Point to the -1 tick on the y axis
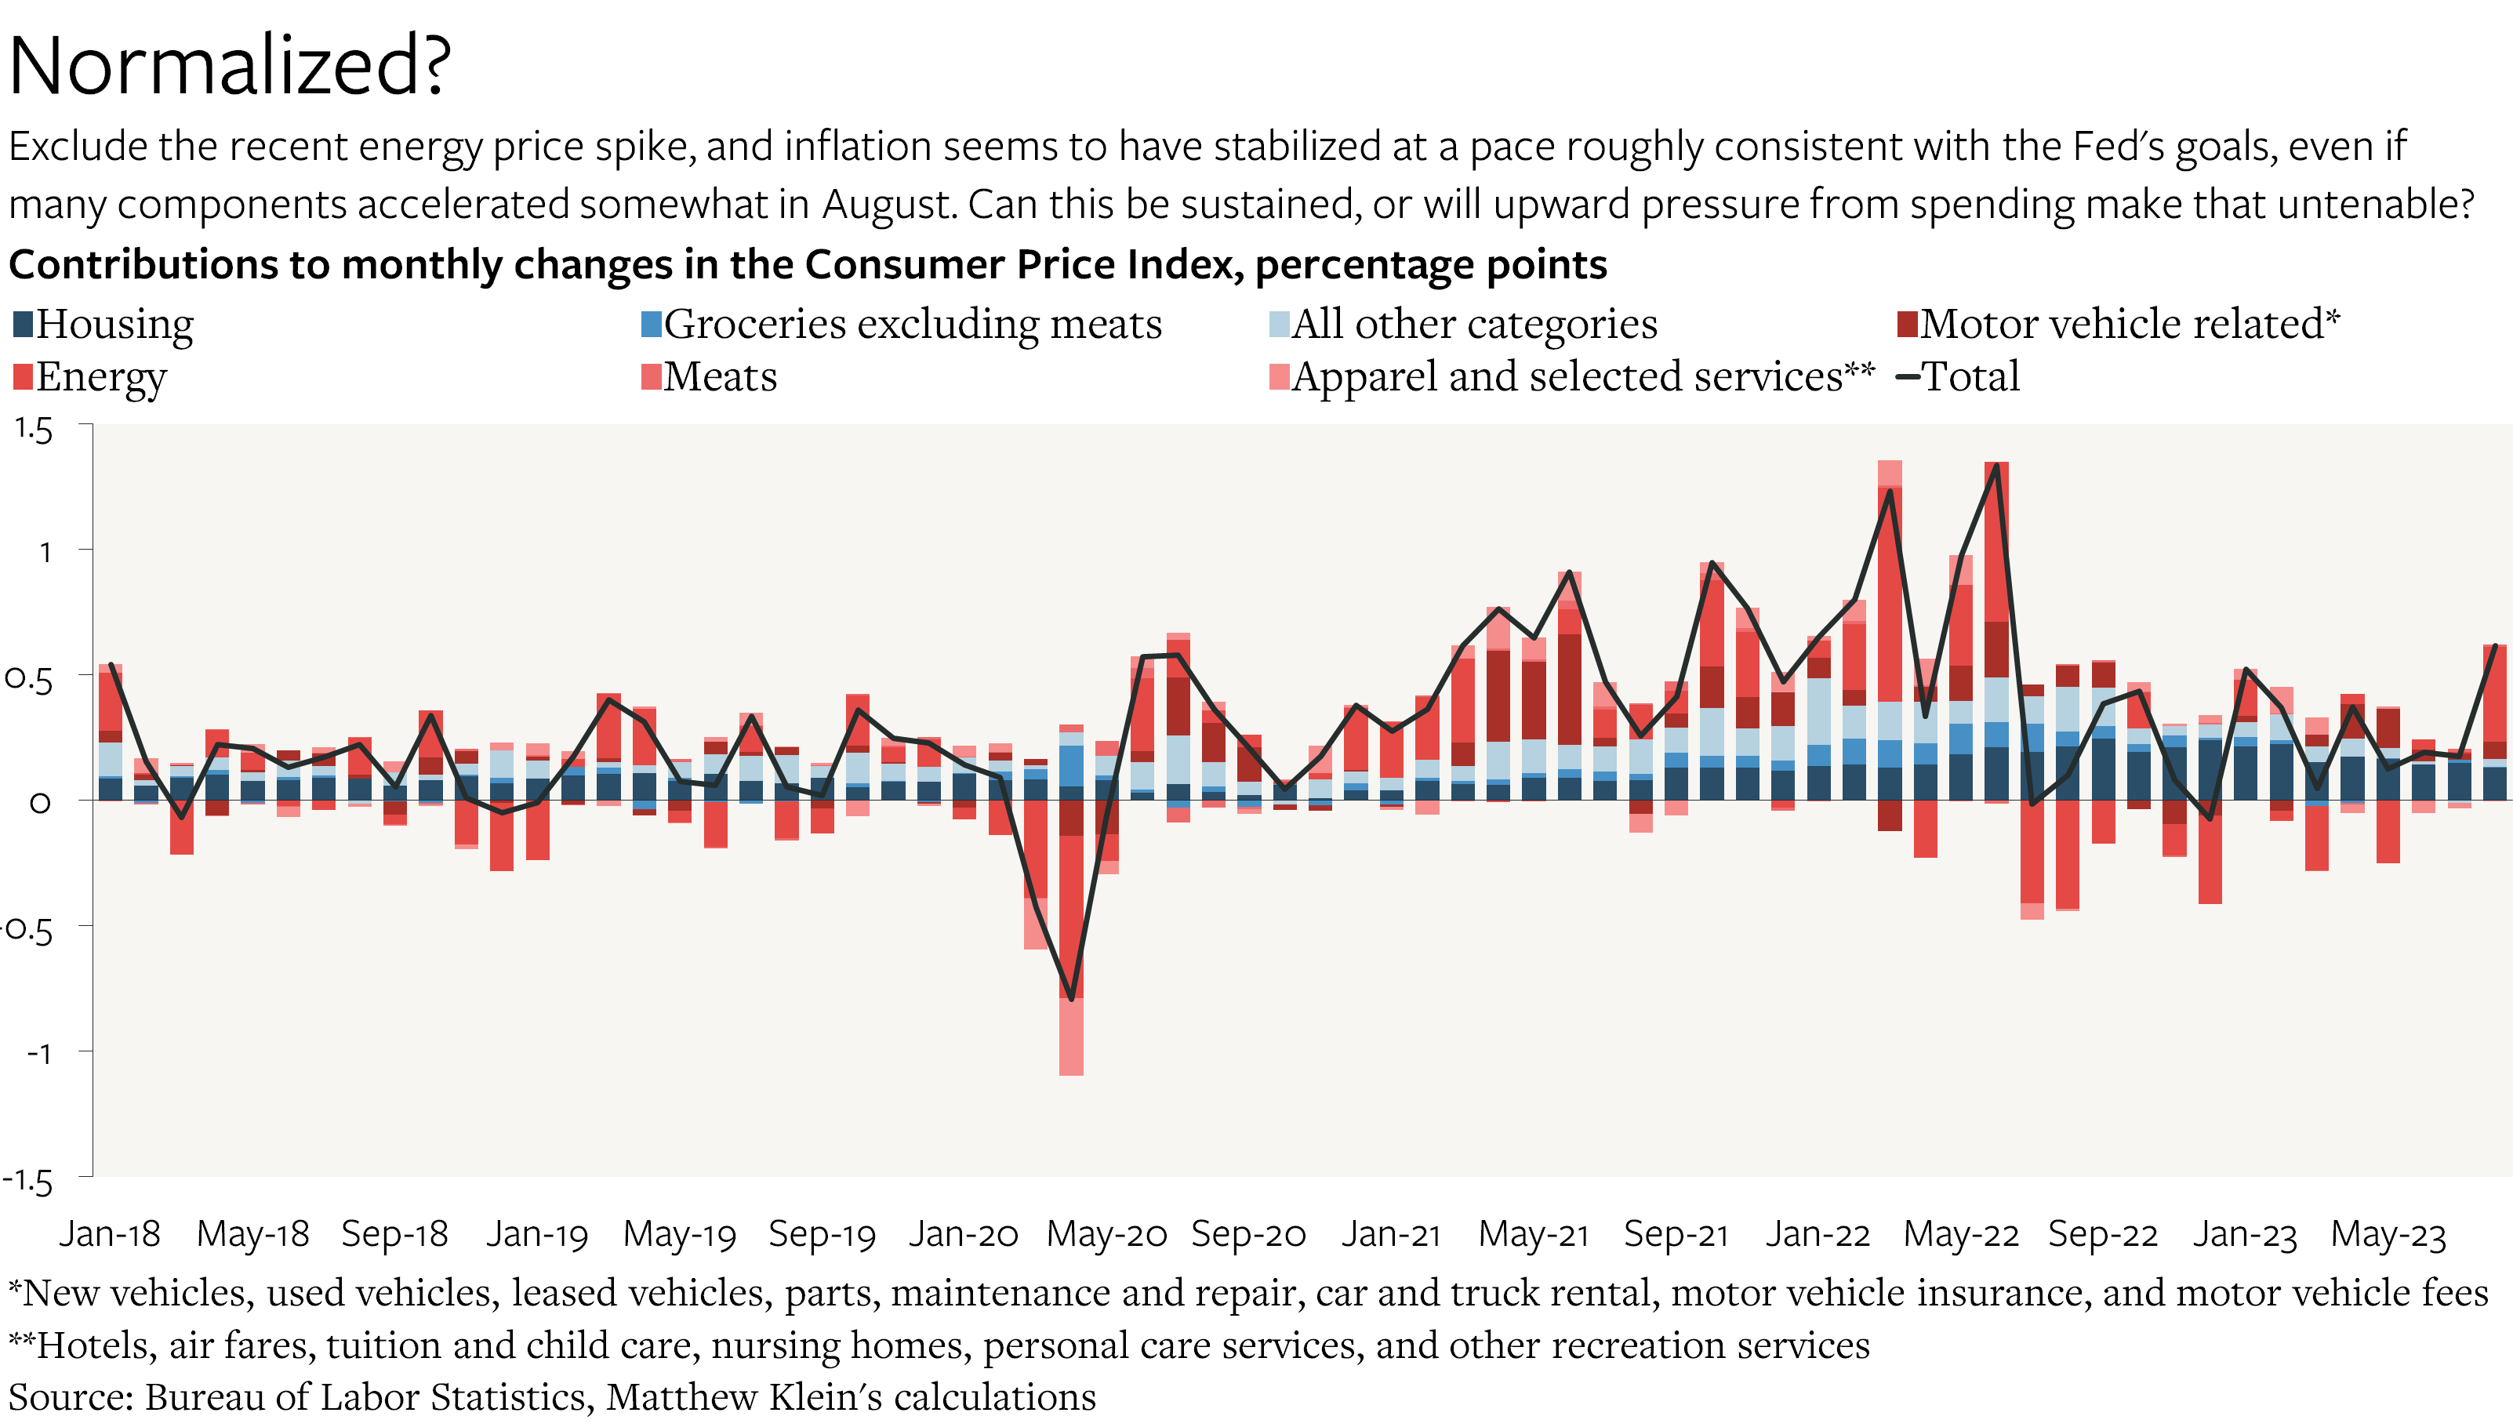click(39, 1054)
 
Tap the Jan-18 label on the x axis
click(110, 1233)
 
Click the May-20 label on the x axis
click(1106, 1233)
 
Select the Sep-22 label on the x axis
click(2102, 1233)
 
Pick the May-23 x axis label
click(2388, 1233)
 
